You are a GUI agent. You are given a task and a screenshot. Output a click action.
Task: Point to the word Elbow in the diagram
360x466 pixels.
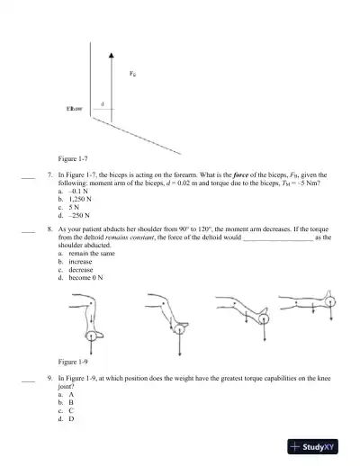pyautogui.click(x=76, y=108)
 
